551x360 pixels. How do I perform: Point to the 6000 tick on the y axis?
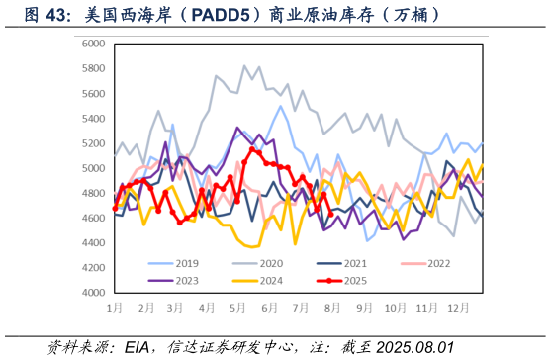(94, 44)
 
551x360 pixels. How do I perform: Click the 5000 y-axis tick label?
(94, 168)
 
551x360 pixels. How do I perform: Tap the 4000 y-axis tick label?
(94, 293)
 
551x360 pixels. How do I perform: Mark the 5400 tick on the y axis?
(94, 119)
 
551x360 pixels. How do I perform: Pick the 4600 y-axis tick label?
(94, 219)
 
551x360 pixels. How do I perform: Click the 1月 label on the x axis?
(115, 309)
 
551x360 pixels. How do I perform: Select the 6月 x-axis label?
(268, 309)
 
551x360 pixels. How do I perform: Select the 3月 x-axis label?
(176, 309)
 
